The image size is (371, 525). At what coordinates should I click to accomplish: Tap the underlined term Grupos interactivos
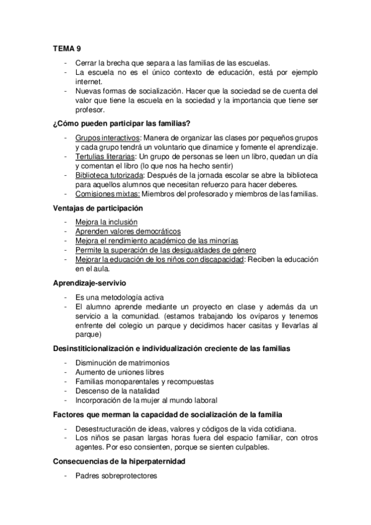108,137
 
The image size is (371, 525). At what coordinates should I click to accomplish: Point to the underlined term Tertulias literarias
105,157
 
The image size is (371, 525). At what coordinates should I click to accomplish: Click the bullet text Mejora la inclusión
107,221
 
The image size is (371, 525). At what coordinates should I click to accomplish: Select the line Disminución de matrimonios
122,363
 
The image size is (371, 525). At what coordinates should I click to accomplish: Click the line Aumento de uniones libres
120,372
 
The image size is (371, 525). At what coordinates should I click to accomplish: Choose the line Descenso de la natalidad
117,391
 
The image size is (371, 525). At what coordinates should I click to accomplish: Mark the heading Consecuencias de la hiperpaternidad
130,461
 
